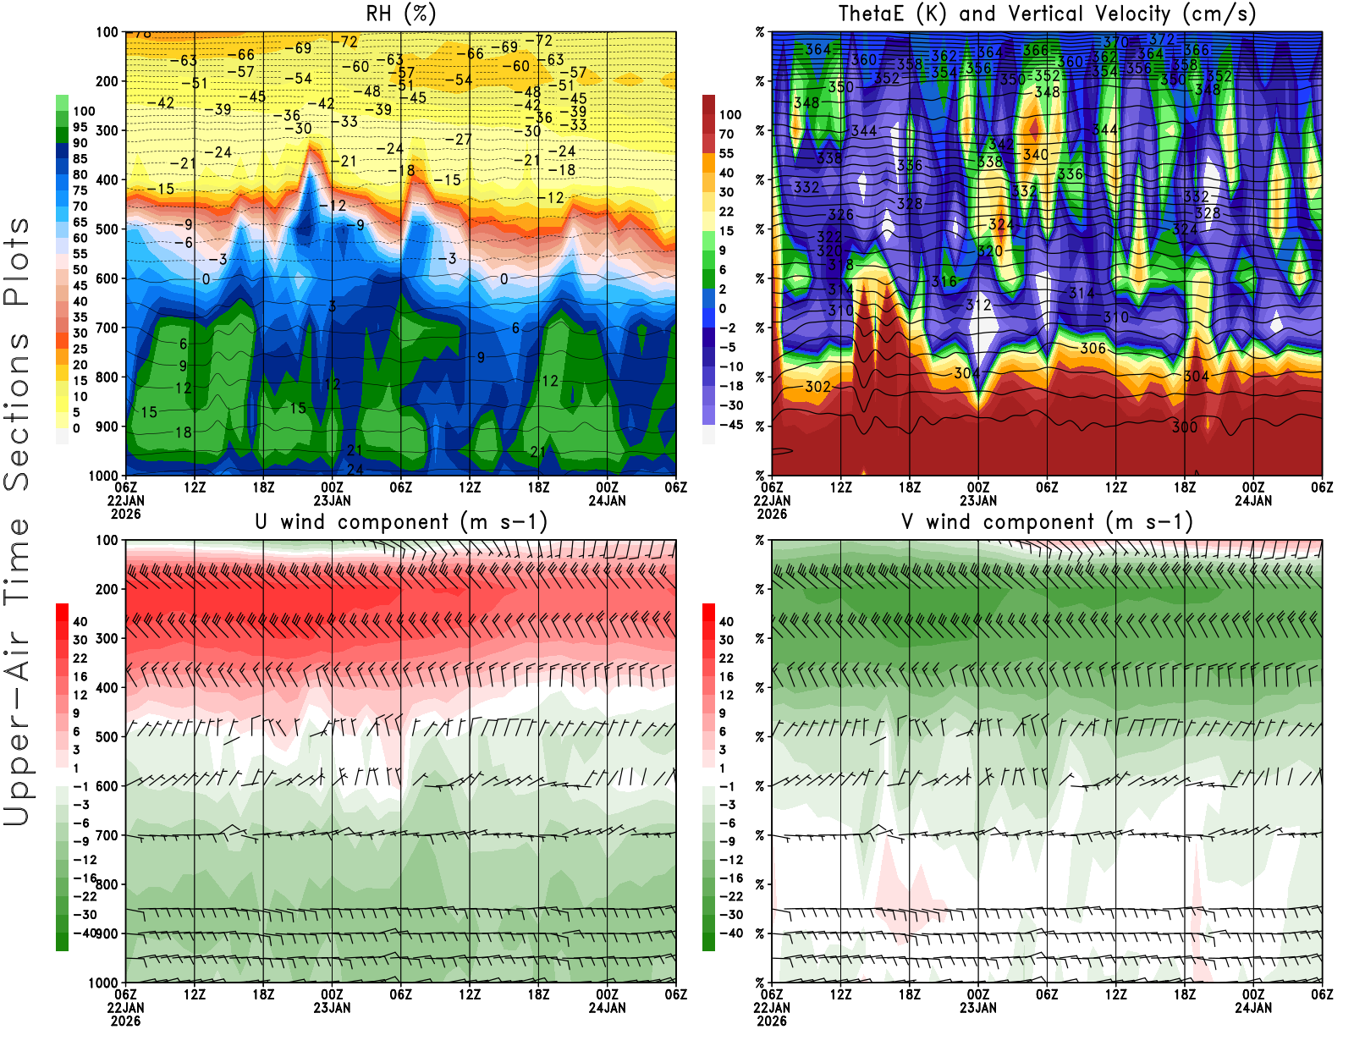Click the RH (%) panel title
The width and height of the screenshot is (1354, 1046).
(x=400, y=14)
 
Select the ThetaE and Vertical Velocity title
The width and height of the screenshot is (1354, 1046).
(x=1047, y=14)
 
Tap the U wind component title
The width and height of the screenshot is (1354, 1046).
(x=400, y=521)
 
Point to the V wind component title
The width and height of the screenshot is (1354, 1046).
(x=1047, y=521)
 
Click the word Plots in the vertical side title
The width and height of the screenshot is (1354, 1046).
(x=17, y=261)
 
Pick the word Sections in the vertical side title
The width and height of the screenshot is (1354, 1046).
(x=17, y=411)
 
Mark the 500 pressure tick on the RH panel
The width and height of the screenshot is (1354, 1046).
(x=107, y=228)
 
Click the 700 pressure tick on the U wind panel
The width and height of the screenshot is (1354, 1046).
(x=107, y=835)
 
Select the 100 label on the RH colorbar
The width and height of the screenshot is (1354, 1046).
(x=84, y=111)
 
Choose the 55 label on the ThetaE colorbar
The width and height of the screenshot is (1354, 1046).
(x=726, y=153)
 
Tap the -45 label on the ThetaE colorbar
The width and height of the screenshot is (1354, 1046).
(x=731, y=425)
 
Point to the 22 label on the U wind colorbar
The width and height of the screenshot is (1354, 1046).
(x=80, y=658)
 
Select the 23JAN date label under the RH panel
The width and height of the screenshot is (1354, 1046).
(x=332, y=500)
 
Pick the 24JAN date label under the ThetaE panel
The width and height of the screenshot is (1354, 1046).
(x=1252, y=500)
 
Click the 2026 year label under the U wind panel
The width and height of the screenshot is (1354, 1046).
(x=125, y=1021)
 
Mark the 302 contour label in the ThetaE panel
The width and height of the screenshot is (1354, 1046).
(x=817, y=387)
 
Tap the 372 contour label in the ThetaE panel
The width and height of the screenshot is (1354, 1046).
(x=1162, y=39)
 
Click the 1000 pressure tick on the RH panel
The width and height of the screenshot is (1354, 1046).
(x=104, y=476)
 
